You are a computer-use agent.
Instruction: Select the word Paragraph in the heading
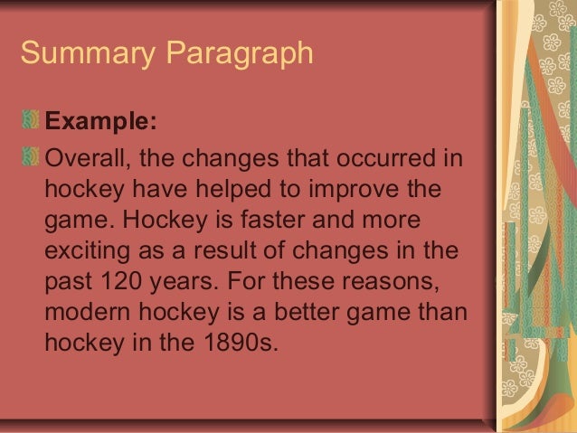tap(239, 54)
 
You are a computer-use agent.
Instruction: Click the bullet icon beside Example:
tap(33, 121)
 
